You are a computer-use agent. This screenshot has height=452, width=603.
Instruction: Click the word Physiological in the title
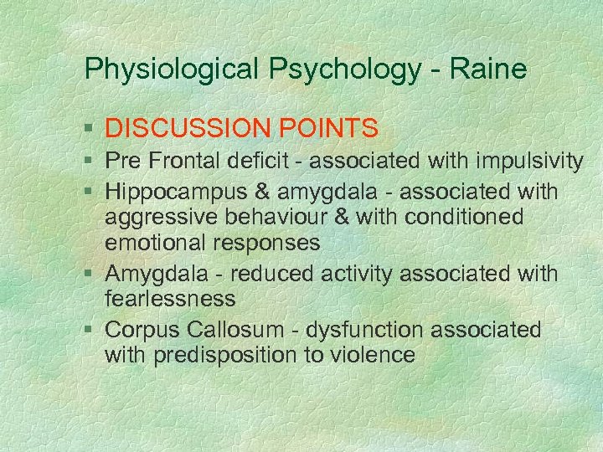(172, 69)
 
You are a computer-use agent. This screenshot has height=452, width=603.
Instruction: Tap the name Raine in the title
(488, 69)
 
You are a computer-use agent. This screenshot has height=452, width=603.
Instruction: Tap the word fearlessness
(170, 299)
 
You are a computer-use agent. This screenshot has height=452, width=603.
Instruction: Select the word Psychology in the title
(346, 69)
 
